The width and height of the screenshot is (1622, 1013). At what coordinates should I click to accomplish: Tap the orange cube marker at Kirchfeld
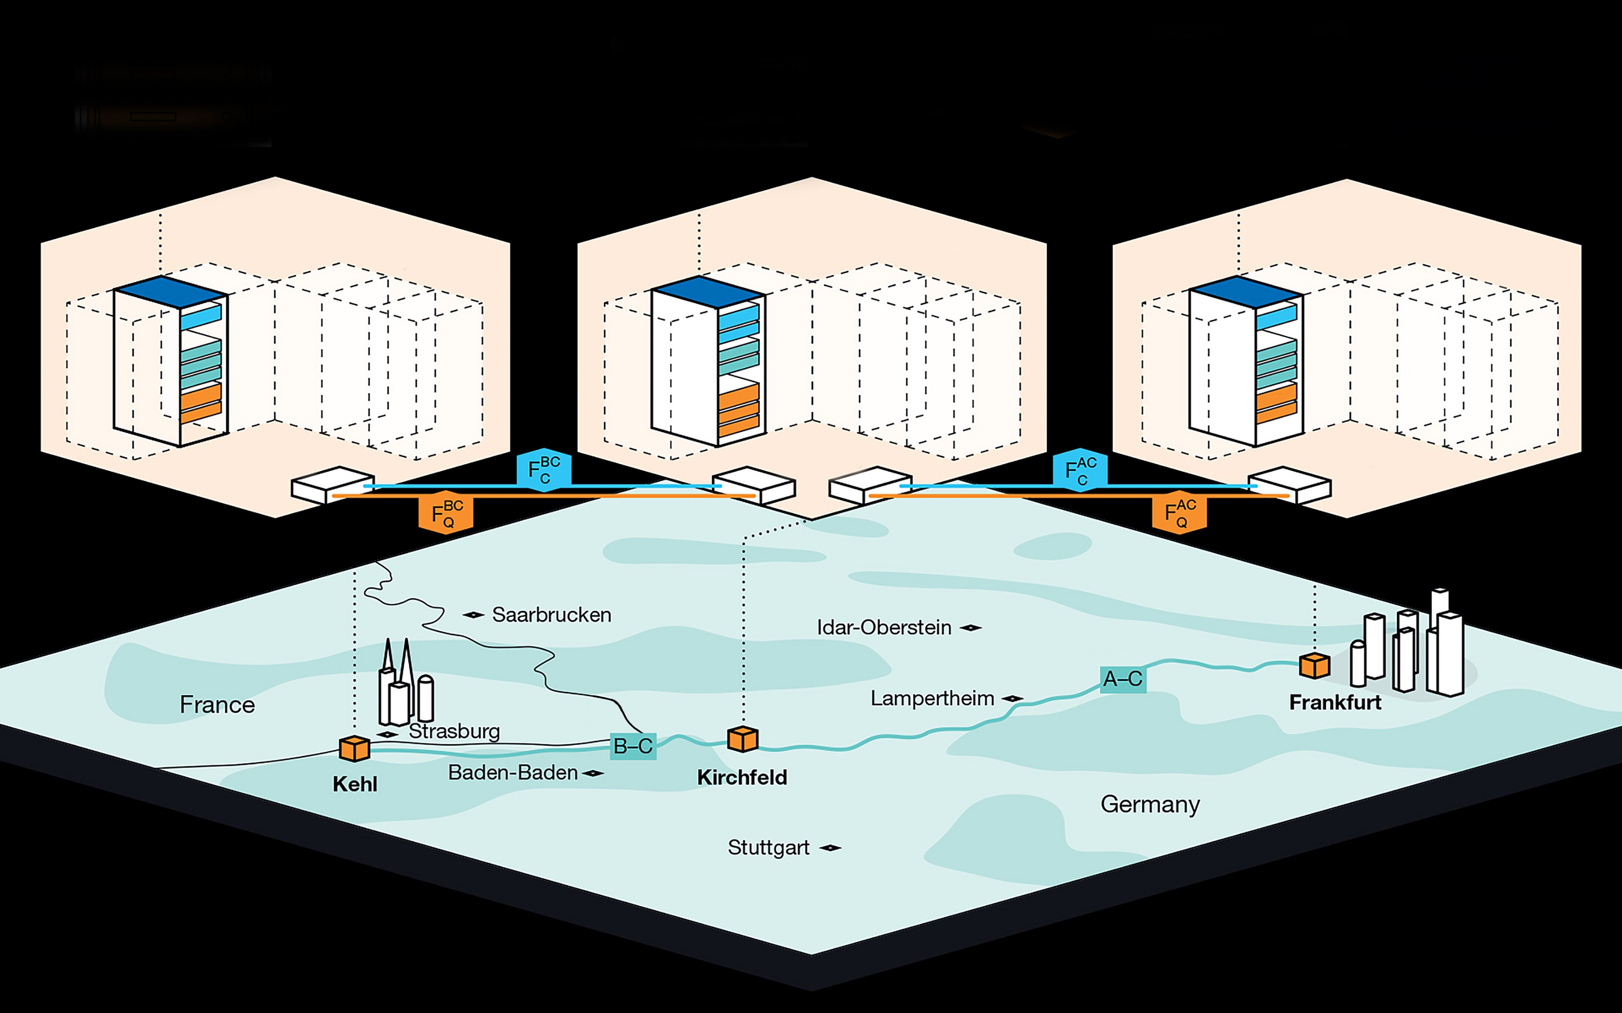(x=743, y=739)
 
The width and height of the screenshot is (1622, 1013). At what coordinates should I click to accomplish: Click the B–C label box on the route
(x=633, y=746)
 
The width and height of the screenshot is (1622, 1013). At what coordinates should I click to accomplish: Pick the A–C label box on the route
(x=1123, y=679)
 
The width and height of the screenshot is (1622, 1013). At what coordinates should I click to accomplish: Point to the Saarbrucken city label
(x=551, y=614)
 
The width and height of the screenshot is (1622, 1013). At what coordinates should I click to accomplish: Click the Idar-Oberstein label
(x=884, y=627)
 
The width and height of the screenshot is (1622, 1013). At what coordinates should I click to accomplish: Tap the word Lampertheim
(x=932, y=698)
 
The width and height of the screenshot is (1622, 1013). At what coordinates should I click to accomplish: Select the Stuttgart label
(x=768, y=848)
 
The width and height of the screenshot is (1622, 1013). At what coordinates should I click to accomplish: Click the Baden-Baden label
(x=513, y=773)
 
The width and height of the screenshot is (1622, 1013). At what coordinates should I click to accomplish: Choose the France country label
(x=217, y=704)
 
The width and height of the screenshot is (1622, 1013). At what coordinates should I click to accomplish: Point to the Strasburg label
(x=454, y=731)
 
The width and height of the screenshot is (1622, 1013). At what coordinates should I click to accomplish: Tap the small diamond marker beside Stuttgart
(x=830, y=848)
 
